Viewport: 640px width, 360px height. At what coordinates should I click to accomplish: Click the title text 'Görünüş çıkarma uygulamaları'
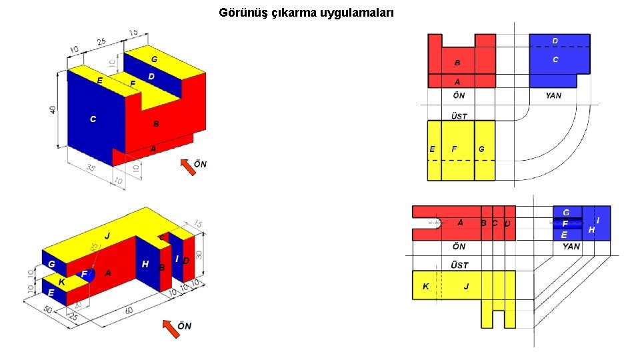pos(306,13)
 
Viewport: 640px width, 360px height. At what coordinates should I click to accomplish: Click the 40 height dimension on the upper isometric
pos(53,109)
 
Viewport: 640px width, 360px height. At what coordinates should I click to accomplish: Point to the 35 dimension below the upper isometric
pos(91,168)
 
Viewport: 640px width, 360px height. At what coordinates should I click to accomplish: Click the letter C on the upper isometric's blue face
pos(93,119)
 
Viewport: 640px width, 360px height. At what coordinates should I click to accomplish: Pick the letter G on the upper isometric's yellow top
pos(154,59)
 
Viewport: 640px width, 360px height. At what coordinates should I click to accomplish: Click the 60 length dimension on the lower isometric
pos(129,311)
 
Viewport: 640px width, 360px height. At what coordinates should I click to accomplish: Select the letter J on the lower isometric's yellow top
pos(107,236)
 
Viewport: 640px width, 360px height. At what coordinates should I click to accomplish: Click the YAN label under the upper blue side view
pos(553,95)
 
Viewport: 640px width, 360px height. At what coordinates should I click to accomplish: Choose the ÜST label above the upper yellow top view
pos(459,115)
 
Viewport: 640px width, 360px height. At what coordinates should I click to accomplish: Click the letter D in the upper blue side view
pos(555,41)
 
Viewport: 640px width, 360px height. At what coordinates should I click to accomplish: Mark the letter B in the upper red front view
pos(457,63)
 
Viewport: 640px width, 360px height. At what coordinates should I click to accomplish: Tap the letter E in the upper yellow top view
pos(433,149)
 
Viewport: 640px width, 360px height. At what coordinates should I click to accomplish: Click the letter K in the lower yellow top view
pos(425,287)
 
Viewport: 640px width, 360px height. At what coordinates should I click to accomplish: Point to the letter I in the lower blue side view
pos(597,219)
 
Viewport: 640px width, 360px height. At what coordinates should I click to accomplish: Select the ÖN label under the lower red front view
pos(459,246)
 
